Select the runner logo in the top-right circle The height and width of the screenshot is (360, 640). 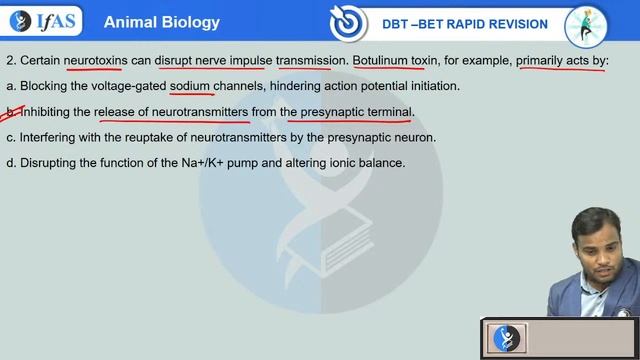pyautogui.click(x=587, y=25)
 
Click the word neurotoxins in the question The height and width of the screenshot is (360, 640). pyautogui.click(x=93, y=60)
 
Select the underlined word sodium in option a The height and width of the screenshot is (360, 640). pyautogui.click(x=190, y=86)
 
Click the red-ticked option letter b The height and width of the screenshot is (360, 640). pyautogui.click(x=10, y=112)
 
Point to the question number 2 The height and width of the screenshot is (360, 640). pyautogui.click(x=9, y=60)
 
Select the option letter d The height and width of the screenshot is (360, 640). pyautogui.click(x=10, y=162)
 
